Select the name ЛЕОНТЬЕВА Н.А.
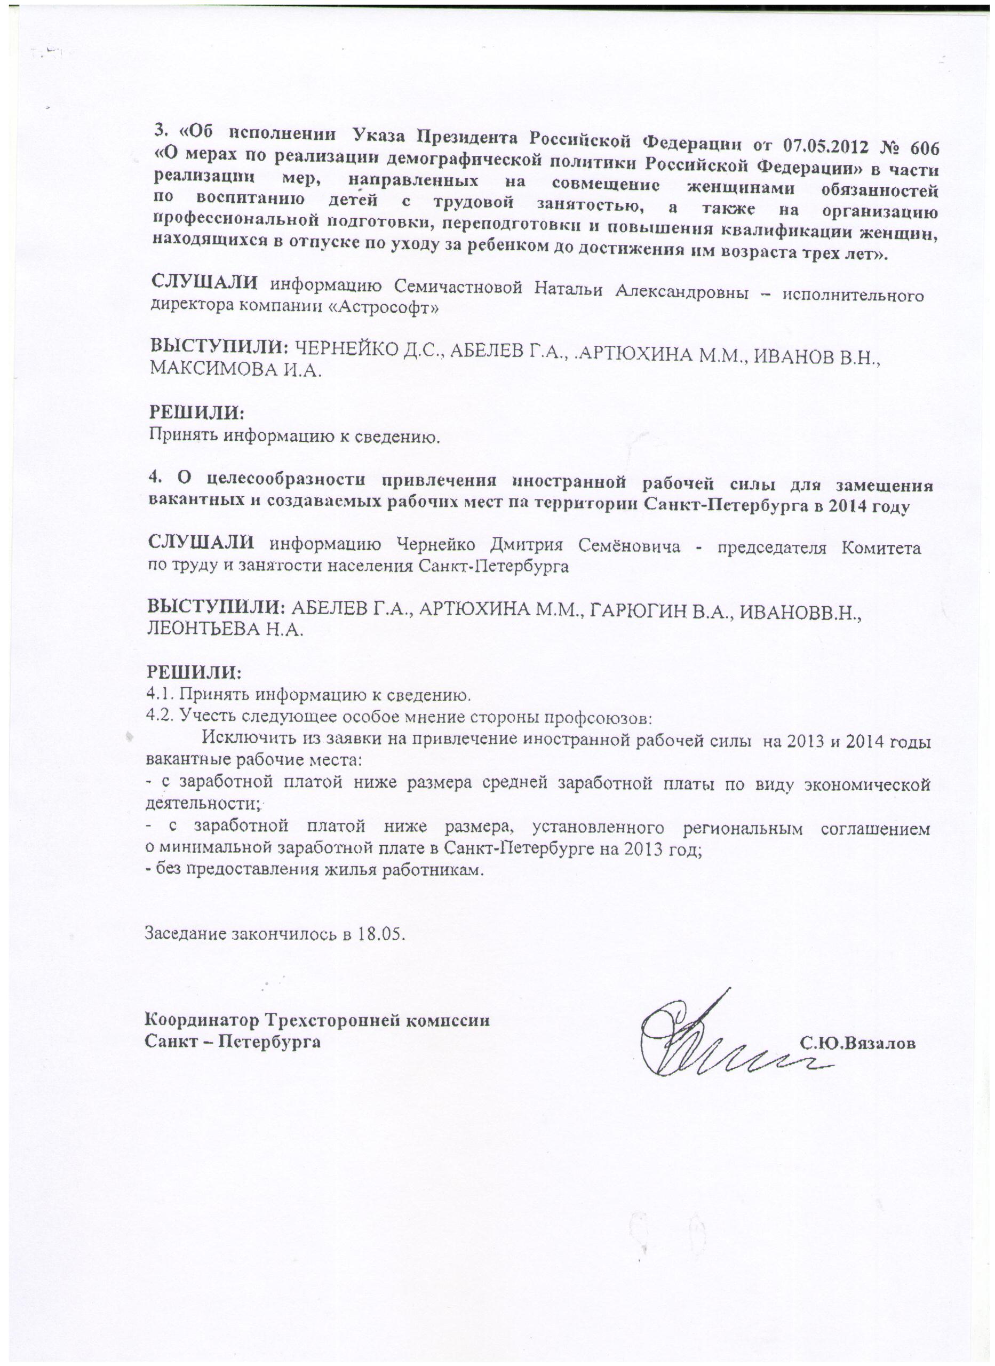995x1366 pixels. pos(225,630)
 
